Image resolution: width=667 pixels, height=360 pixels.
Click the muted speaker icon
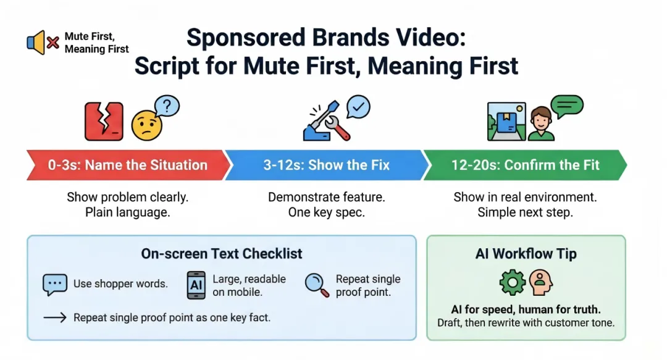pos(36,43)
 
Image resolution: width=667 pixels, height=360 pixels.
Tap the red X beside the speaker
pos(52,43)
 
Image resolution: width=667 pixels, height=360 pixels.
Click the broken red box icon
pos(104,121)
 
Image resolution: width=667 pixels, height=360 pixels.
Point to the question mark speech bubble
pos(167,106)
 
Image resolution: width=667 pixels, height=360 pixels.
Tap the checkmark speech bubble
pos(358,106)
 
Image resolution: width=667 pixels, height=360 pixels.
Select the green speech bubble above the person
pos(566,106)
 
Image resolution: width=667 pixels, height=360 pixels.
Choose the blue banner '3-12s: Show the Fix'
pos(326,165)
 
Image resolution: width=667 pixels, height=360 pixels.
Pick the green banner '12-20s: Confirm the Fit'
pos(525,165)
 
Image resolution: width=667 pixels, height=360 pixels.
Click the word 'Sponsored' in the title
pos(245,38)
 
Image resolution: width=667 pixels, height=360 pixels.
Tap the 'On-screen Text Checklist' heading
pos(222,254)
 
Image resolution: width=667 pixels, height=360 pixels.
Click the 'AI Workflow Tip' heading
pos(526,254)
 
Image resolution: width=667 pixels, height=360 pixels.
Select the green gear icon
pos(513,282)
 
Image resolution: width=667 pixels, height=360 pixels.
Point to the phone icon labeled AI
pos(196,285)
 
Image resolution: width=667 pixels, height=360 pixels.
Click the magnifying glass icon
pos(317,285)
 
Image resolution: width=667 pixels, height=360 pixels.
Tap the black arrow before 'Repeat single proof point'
pos(55,317)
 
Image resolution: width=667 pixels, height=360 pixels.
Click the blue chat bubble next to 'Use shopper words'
pos(55,284)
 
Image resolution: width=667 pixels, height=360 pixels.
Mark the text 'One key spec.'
pos(326,212)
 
